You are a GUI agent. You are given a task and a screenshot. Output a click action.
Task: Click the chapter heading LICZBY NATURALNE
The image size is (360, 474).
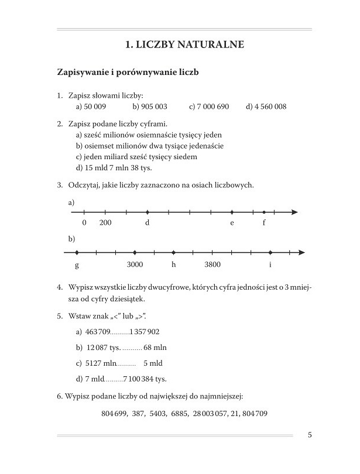click(185, 44)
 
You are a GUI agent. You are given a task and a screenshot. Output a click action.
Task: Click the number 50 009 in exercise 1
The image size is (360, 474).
click(95, 107)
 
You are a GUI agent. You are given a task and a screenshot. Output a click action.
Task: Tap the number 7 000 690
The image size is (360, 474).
click(212, 107)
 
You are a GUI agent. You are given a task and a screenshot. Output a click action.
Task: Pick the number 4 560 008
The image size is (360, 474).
click(270, 107)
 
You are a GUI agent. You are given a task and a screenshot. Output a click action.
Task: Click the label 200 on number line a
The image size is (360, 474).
click(105, 224)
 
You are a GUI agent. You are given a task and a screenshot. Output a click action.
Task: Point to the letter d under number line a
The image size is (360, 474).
click(147, 224)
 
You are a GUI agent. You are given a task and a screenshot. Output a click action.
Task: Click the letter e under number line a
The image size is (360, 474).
click(232, 224)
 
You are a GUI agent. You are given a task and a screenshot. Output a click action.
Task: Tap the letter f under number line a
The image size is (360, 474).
click(264, 224)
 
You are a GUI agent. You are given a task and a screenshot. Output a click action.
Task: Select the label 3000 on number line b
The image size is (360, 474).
click(135, 265)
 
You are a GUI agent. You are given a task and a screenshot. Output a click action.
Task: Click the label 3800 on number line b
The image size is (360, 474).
click(212, 265)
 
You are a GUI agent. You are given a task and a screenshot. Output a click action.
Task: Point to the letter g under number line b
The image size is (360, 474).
click(77, 265)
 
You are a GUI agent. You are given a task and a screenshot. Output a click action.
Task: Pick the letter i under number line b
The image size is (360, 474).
click(270, 265)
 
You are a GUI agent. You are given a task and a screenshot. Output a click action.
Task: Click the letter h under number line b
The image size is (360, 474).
click(173, 265)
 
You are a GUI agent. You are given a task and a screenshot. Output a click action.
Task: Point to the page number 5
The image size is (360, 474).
click(309, 435)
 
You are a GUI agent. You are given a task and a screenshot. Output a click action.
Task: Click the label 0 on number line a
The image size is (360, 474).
click(84, 224)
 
